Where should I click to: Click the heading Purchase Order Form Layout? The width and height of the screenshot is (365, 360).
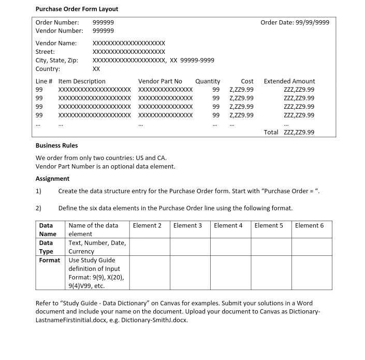(77, 9)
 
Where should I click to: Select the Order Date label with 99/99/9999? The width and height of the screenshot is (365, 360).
(295, 22)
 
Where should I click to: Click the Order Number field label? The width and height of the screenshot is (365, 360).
(57, 22)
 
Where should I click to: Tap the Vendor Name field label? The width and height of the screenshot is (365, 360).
(56, 43)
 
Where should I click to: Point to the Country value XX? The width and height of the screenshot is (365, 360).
(96, 69)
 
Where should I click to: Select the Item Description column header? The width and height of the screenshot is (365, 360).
(82, 81)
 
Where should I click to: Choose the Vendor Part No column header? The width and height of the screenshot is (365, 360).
(160, 81)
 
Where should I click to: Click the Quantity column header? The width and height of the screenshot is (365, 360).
(208, 81)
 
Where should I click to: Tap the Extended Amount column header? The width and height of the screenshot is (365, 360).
(289, 81)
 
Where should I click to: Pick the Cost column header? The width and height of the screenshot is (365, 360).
(247, 81)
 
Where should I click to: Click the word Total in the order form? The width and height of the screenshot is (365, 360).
(271, 132)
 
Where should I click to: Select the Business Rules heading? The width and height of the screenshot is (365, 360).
(56, 146)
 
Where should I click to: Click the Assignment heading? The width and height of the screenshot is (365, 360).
(52, 179)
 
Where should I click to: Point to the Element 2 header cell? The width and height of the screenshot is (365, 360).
(147, 225)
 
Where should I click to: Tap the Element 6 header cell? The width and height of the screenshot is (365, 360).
(309, 225)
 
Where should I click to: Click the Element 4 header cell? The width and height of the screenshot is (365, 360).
(228, 225)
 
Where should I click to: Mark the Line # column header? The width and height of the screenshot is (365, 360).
(44, 81)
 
